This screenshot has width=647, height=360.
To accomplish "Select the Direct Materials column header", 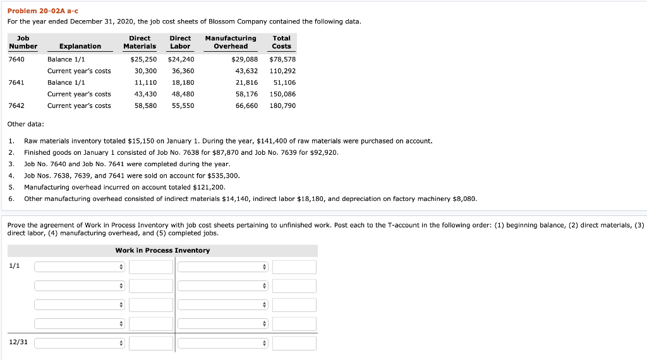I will [139, 42].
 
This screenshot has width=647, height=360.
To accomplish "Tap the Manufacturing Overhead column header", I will [231, 42].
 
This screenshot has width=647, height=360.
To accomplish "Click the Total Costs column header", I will [281, 42].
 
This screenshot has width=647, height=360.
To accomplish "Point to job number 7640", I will [17, 59].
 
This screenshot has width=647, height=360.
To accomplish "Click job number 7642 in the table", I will [17, 105].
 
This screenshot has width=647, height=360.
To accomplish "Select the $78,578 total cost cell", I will [282, 59].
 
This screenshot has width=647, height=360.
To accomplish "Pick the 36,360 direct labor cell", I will [183, 71].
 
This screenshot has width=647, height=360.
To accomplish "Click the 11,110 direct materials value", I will [146, 82].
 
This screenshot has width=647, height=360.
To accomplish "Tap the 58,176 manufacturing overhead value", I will [246, 94].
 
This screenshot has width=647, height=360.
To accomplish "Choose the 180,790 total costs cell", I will [282, 105].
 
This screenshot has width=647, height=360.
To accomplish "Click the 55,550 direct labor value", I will [183, 105].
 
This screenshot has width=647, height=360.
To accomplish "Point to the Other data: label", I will [25, 124].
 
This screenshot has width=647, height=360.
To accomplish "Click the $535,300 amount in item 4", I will [225, 176].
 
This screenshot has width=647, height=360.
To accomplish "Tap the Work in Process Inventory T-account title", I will [162, 251].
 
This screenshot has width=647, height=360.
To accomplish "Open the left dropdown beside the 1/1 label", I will [80, 267].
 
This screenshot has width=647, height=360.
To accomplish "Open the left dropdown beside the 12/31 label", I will [80, 344].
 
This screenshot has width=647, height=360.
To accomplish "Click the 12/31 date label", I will [18, 342].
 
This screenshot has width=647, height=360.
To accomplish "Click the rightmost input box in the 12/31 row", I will [294, 344].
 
